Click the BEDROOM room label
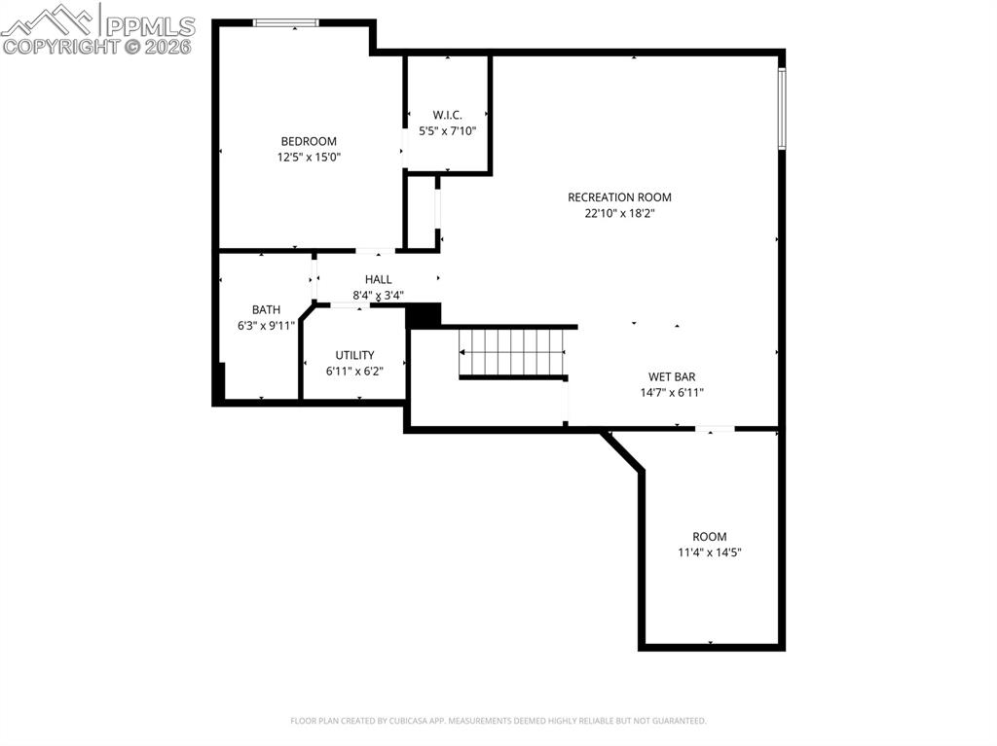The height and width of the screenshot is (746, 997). pyautogui.click(x=309, y=141)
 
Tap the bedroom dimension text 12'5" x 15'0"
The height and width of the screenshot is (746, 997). pyautogui.click(x=309, y=157)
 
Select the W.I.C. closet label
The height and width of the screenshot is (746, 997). pyautogui.click(x=447, y=115)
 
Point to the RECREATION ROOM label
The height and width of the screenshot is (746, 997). pyautogui.click(x=619, y=197)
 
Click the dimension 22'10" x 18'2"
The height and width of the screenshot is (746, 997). pyautogui.click(x=619, y=214)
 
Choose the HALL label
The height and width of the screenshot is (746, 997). pyautogui.click(x=378, y=280)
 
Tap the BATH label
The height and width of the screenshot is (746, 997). pyautogui.click(x=266, y=310)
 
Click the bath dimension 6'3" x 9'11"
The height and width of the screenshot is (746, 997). pyautogui.click(x=266, y=327)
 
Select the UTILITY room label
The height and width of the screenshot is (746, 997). pyautogui.click(x=354, y=356)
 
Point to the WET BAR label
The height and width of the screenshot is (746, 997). pyautogui.click(x=672, y=377)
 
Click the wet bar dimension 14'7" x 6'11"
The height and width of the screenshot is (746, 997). pyautogui.click(x=672, y=393)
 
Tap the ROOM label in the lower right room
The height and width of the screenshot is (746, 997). pyautogui.click(x=709, y=537)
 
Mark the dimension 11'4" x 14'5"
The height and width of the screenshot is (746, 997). pyautogui.click(x=709, y=552)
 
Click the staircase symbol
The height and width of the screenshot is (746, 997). pyautogui.click(x=511, y=352)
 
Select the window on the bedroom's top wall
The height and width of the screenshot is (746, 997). pyautogui.click(x=286, y=22)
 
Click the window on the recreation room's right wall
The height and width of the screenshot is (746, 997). pyautogui.click(x=781, y=108)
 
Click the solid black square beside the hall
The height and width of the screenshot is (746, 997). pyautogui.click(x=423, y=315)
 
